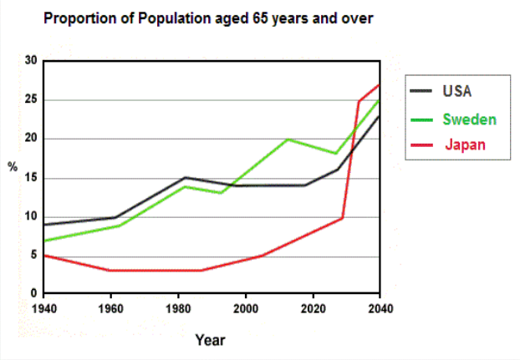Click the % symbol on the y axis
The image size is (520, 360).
point(13,166)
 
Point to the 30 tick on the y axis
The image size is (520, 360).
point(31,61)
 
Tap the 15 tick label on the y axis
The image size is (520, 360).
point(31,178)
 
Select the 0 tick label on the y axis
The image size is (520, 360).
point(33,294)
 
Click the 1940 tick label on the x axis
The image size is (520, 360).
point(43,308)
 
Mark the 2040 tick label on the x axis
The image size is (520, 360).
point(380,308)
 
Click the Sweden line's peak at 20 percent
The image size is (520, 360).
point(288,139)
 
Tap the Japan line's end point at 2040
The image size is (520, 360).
point(380,84)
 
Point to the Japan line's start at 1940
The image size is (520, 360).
point(43,255)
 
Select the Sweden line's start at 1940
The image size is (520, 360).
point(43,241)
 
